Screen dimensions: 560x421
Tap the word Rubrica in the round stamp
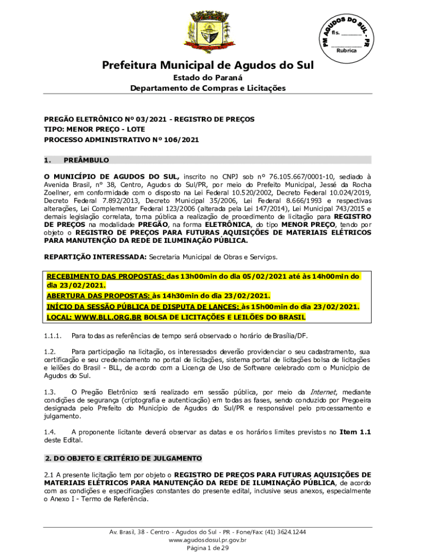point(346,50)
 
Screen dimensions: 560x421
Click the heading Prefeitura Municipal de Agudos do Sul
point(208,66)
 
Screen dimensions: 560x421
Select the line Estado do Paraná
point(208,78)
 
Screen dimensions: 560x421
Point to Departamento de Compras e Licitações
point(208,88)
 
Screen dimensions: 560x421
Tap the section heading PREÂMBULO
point(86,160)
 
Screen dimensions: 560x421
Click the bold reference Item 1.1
point(355,432)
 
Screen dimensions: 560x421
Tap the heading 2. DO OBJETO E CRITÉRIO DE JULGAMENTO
point(123,458)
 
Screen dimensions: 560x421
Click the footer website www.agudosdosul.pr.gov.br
point(208,540)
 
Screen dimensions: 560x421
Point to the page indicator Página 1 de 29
point(208,549)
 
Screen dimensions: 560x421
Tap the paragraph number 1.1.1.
point(53,335)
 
